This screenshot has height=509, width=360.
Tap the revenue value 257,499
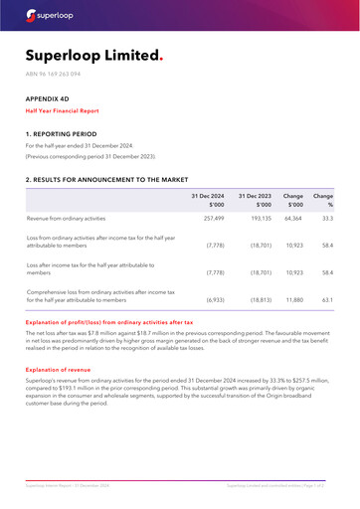214,218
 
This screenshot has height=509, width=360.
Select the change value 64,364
292,218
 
